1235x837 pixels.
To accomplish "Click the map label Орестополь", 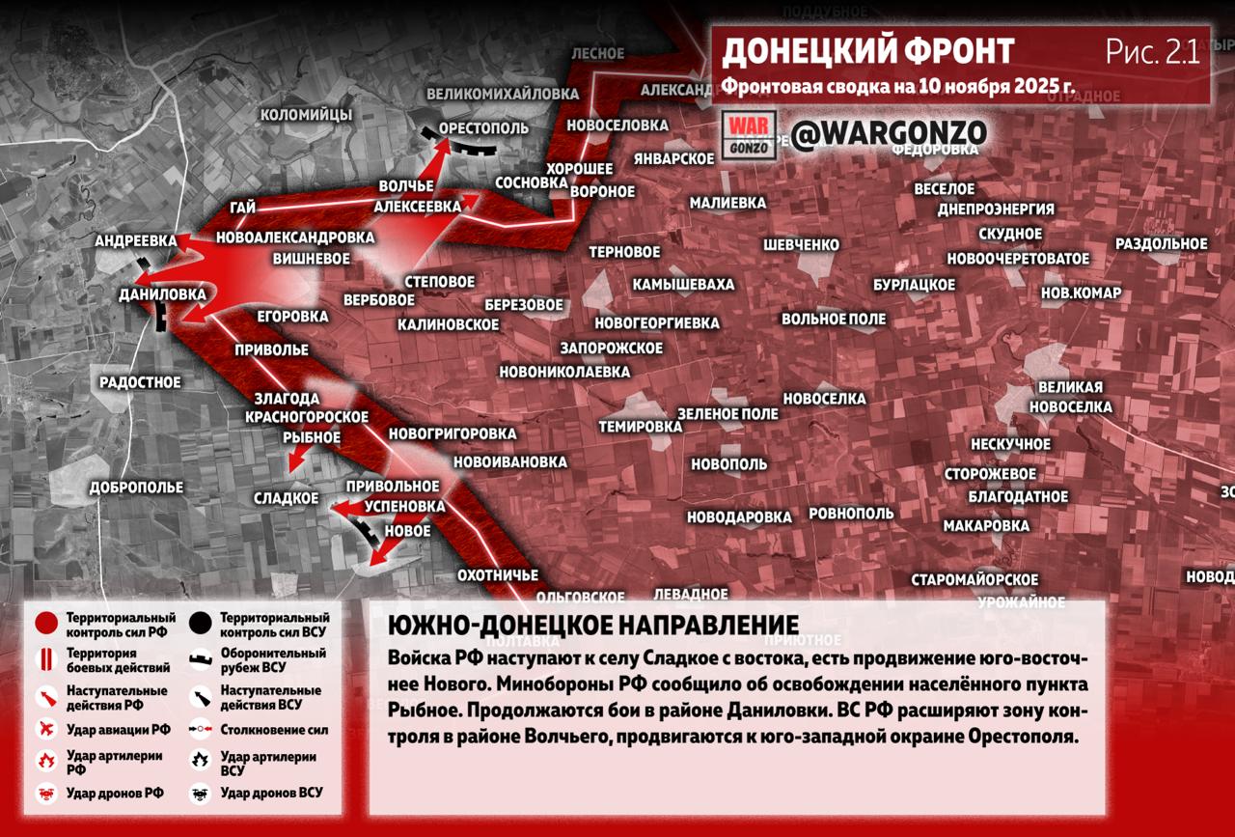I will tap(483, 128).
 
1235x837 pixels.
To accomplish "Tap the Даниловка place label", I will tap(162, 293).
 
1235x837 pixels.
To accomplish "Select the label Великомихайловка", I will tap(503, 94).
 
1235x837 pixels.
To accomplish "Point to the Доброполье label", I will tap(136, 488).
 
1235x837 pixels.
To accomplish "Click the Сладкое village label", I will tap(286, 498).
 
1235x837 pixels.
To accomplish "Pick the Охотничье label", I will tap(498, 575).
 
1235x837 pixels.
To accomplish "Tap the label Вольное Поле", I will tap(834, 319).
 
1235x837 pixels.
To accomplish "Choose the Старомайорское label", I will tap(974, 579).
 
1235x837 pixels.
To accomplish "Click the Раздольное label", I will tap(1161, 243).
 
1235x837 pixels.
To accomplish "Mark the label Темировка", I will tap(640, 426).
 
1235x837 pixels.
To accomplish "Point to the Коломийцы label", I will tap(306, 115).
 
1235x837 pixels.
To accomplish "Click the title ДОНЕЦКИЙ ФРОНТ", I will tap(867, 51).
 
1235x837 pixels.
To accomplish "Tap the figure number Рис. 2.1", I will tap(1152, 52).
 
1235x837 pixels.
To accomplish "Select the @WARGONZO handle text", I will tap(889, 133).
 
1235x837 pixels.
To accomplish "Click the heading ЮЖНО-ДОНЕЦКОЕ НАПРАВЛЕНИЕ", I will tap(593, 626).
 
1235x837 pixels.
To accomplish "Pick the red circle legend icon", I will tap(45, 624).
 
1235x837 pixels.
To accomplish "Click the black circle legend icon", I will tap(201, 624).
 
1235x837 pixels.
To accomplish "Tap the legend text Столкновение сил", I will tap(274, 731).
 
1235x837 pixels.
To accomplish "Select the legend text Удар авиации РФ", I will tap(118, 730).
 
